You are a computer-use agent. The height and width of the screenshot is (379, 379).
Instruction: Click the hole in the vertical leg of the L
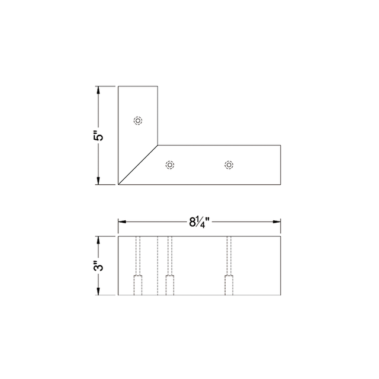[138, 120]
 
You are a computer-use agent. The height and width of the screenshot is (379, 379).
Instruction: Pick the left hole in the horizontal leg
[170, 164]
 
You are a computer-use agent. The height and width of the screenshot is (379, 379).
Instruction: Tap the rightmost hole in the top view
[229, 164]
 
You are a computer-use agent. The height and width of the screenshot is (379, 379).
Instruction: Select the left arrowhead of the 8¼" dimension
[122, 222]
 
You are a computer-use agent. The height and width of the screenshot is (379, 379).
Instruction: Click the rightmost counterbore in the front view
[229, 285]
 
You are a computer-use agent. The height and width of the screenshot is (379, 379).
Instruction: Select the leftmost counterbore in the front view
[138, 285]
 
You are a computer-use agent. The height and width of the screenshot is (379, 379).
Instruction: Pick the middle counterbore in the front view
[170, 285]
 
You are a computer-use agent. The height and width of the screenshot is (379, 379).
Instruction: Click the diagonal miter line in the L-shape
[139, 163]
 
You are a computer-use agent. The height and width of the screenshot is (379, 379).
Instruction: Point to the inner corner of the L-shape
[159, 143]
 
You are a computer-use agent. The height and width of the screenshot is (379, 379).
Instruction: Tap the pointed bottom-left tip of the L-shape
[119, 184]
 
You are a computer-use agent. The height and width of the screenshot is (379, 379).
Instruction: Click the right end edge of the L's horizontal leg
[281, 164]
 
